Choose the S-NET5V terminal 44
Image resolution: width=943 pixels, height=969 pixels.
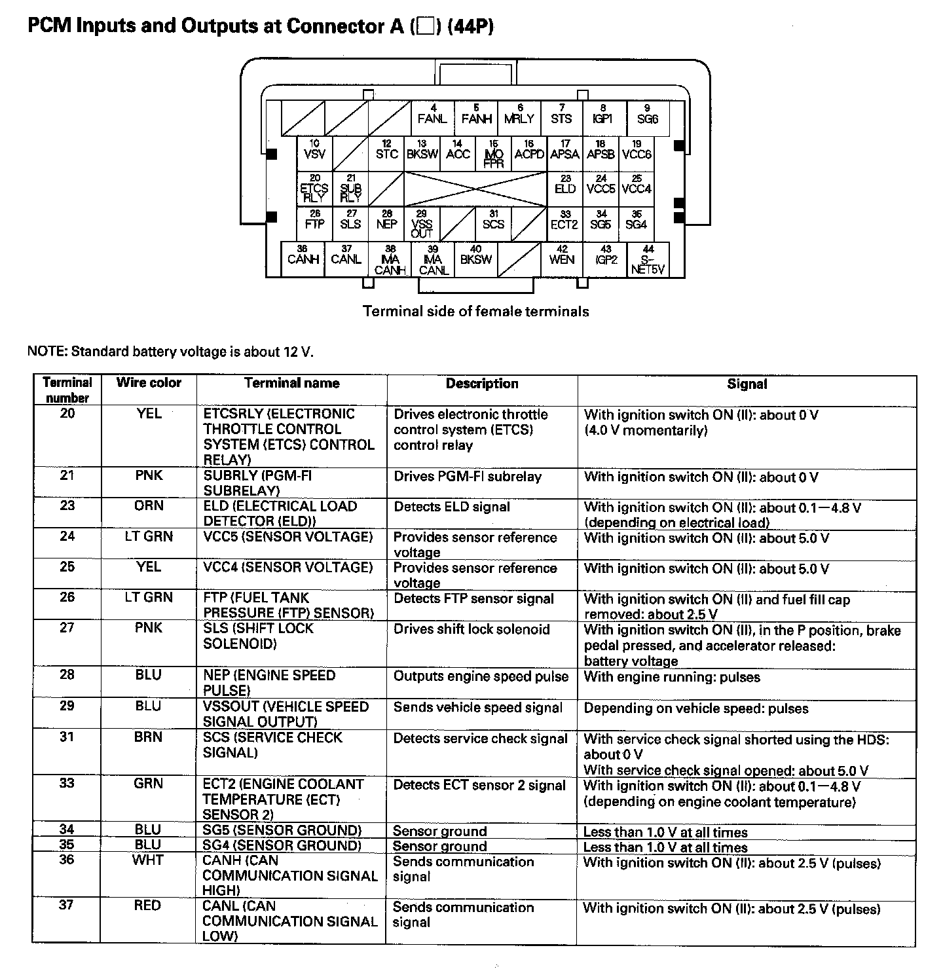pyautogui.click(x=648, y=260)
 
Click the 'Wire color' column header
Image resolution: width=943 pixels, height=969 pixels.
pyautogui.click(x=149, y=383)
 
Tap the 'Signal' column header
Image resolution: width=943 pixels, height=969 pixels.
pyautogui.click(x=747, y=384)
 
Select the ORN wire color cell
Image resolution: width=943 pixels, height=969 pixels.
pyautogui.click(x=149, y=506)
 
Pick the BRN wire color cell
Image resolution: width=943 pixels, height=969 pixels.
pyautogui.click(x=148, y=737)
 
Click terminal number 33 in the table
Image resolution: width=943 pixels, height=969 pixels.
pyautogui.click(x=67, y=784)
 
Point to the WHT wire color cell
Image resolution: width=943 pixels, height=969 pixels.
pyautogui.click(x=148, y=860)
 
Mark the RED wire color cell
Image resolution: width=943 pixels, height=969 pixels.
pyautogui.click(x=147, y=905)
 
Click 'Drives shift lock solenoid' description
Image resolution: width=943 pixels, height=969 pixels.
pyautogui.click(x=471, y=630)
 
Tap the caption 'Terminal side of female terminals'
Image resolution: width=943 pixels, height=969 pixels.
pyautogui.click(x=476, y=312)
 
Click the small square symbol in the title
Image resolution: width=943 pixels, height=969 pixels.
pyautogui.click(x=426, y=27)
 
